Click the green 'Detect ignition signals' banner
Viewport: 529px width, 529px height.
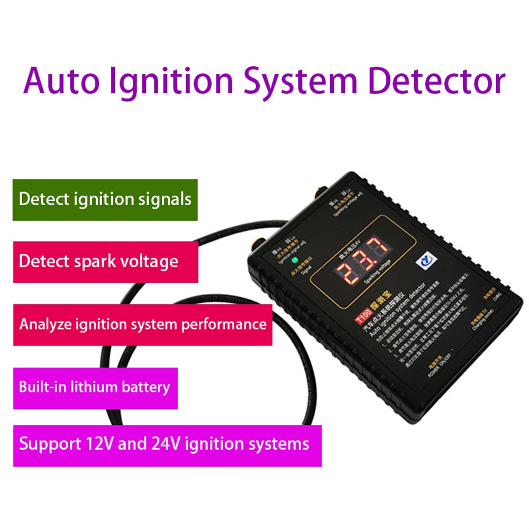[105, 199]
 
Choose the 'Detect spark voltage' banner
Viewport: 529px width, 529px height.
[105, 261]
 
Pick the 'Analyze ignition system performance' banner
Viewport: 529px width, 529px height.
[143, 323]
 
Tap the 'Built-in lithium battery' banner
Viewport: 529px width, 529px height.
[95, 386]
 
